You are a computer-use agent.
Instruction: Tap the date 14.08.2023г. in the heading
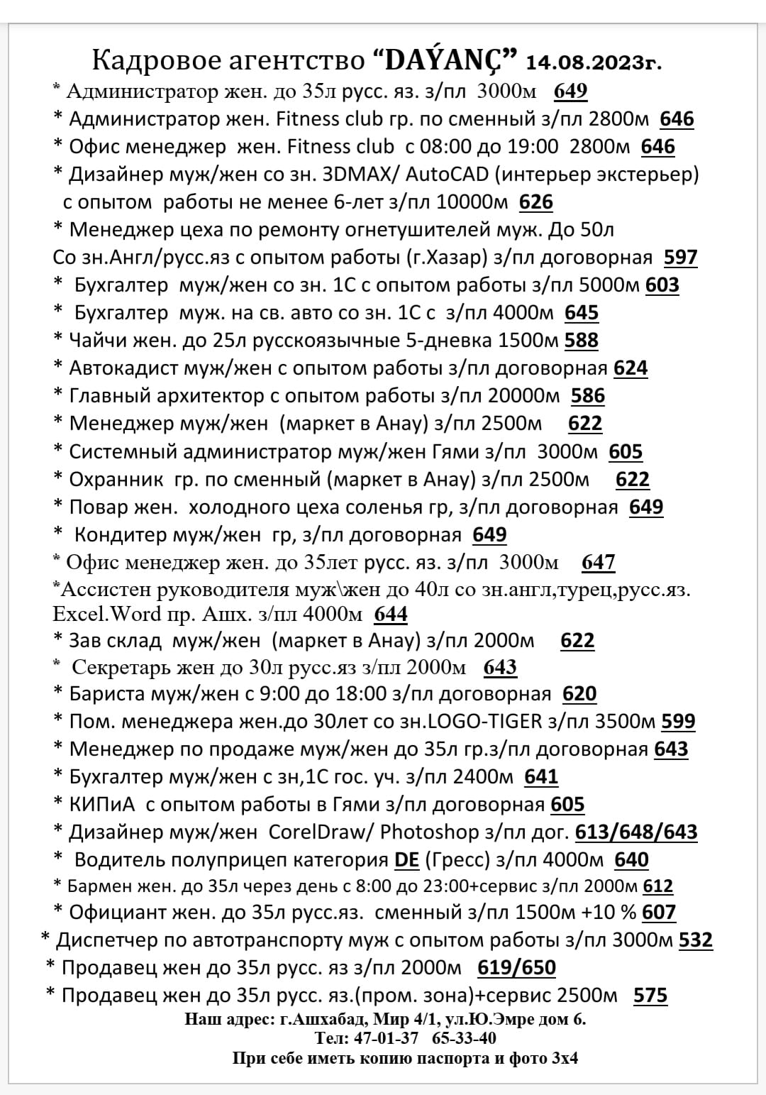[x=594, y=63]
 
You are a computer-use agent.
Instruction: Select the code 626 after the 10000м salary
[x=535, y=202]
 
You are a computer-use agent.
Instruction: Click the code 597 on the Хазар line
[x=681, y=258]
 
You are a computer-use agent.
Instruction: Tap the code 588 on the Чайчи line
[x=582, y=341]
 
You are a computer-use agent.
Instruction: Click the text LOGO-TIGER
[x=487, y=722]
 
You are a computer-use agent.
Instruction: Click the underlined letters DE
[x=407, y=860]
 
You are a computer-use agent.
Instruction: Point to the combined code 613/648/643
[x=636, y=832]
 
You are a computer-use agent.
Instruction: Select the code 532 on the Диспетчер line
[x=696, y=940]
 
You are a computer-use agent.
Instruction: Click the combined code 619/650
[x=517, y=968]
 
